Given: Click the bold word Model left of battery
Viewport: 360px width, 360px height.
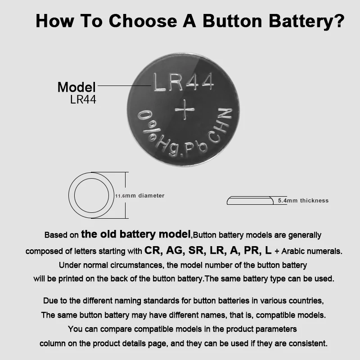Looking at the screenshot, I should (x=76, y=87).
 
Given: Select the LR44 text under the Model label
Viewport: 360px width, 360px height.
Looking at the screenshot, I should (x=83, y=99).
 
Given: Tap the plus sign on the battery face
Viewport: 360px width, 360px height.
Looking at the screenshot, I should (x=184, y=110).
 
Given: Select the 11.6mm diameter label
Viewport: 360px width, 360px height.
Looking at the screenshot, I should (x=139, y=196).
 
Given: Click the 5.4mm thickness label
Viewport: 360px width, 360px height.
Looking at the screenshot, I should (x=303, y=201).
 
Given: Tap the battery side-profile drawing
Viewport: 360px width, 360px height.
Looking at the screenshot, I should (x=250, y=201).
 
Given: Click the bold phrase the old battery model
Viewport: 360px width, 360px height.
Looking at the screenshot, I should (x=136, y=234).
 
